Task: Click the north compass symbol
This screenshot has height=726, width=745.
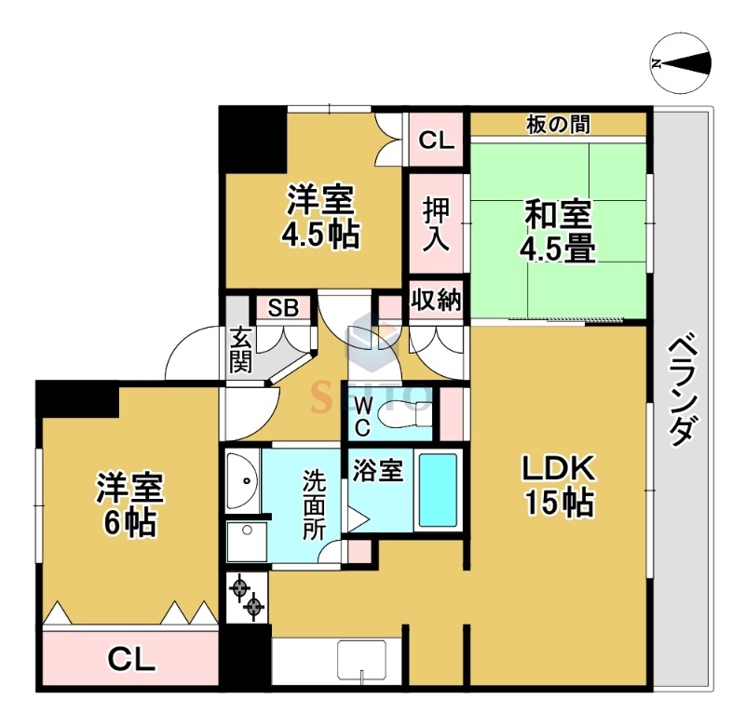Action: pos(681,64)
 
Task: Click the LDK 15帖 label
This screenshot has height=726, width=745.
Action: pos(558,485)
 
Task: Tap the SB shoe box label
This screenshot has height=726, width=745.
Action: pos(283,308)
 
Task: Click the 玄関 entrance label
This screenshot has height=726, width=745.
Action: pos(240,351)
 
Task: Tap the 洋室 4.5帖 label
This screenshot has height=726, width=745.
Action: pos(318,217)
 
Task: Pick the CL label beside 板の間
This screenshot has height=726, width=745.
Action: pos(435,141)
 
